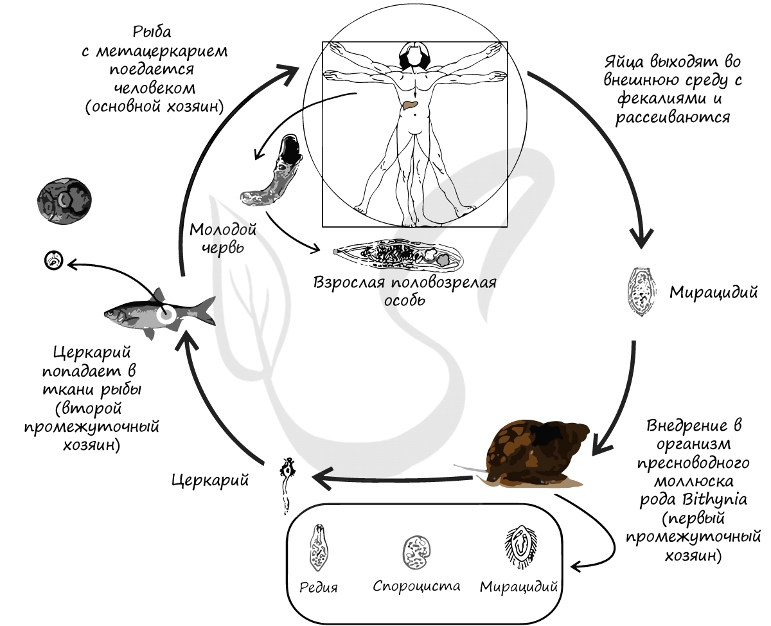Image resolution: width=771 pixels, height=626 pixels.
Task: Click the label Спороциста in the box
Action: (416, 586)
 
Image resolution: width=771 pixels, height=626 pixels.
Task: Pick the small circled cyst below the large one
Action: (53, 260)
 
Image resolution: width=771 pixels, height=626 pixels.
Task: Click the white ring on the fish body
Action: (166, 314)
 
